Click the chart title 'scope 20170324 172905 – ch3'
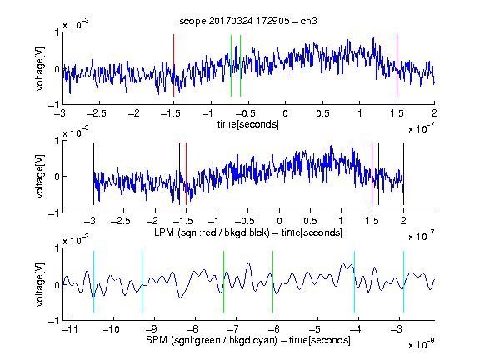tap(248, 21)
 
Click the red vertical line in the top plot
tap(173, 66)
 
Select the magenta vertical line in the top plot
tap(397, 66)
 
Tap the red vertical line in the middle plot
tap(186, 173)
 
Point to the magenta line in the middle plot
tap(372, 173)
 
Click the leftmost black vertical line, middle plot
tap(93, 173)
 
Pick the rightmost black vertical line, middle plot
tap(403, 173)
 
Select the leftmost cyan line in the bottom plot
tap(93, 282)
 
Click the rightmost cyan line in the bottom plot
tap(403, 282)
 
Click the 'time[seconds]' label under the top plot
tap(248, 124)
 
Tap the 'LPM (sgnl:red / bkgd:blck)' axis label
tap(212, 232)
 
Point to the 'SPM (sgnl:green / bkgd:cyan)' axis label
tap(212, 340)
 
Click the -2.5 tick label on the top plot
tap(96, 113)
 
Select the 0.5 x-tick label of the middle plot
tap(310, 221)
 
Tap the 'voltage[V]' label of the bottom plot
tap(40, 284)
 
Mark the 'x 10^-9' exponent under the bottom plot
tap(422, 344)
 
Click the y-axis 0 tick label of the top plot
tap(57, 69)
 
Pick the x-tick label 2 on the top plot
tap(434, 113)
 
